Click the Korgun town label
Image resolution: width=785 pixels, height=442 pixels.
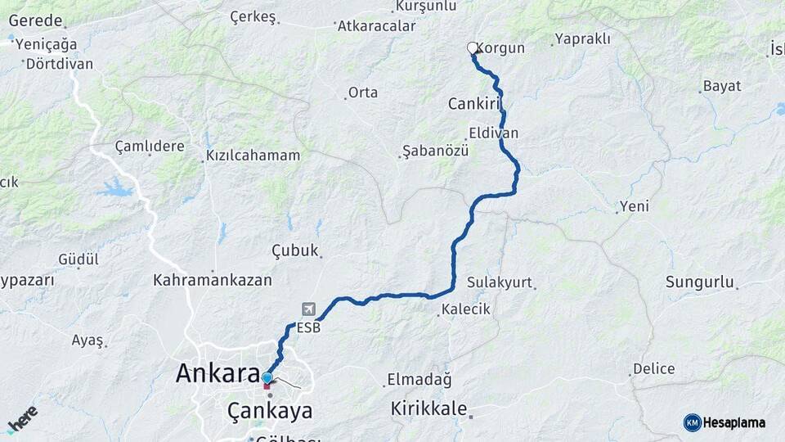(500, 48)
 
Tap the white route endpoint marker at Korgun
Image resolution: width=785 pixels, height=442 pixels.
(473, 48)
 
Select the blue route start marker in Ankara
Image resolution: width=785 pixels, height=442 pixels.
(267, 378)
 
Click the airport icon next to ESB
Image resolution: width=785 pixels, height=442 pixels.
(308, 309)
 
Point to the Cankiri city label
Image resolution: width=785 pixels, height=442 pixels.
(473, 104)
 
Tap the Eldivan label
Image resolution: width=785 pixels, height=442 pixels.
(494, 133)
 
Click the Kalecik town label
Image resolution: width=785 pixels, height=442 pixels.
(466, 309)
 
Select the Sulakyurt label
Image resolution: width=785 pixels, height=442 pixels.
(500, 282)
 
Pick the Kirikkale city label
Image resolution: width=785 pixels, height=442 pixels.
(428, 408)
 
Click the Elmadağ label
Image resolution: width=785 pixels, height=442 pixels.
(419, 380)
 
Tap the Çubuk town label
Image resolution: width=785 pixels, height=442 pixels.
(294, 250)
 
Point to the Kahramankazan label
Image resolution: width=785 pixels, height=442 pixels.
(213, 280)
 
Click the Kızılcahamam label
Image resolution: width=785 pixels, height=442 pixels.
(253, 156)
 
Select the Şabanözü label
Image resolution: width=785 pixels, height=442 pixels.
(435, 151)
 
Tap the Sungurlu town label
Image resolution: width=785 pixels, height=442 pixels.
(699, 282)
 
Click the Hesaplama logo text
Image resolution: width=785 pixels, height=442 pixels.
(733, 422)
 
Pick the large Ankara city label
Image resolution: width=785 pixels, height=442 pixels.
(218, 374)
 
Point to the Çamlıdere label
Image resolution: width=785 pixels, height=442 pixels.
(150, 147)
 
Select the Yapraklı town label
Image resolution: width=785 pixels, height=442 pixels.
(583, 38)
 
